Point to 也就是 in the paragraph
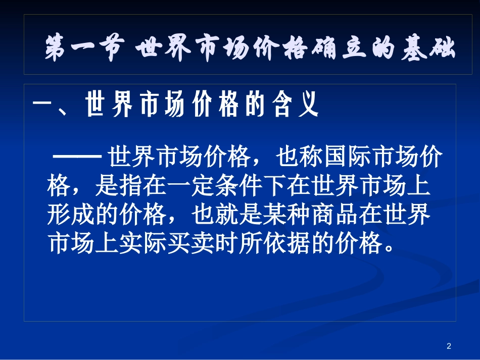[x=225, y=216]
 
